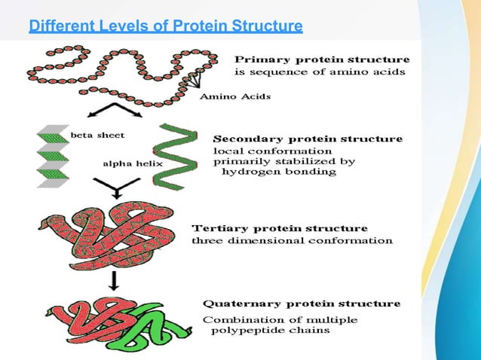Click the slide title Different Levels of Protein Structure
pos(166,28)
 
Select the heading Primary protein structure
pos(323,59)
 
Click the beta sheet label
pos(97,136)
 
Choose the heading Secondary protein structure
pos(308,139)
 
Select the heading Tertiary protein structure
pos(280,227)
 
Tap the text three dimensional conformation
pos(293,241)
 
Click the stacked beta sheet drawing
pos(52,156)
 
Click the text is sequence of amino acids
pos(320,72)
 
